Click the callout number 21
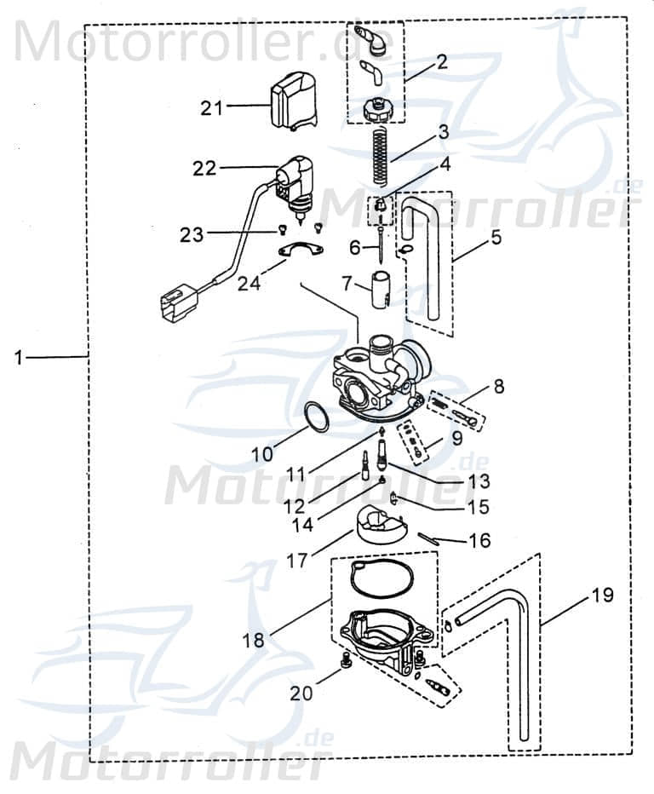211,107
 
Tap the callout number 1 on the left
18,358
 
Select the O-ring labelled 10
316,417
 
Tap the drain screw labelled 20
347,661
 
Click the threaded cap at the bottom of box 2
376,110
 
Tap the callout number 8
498,387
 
